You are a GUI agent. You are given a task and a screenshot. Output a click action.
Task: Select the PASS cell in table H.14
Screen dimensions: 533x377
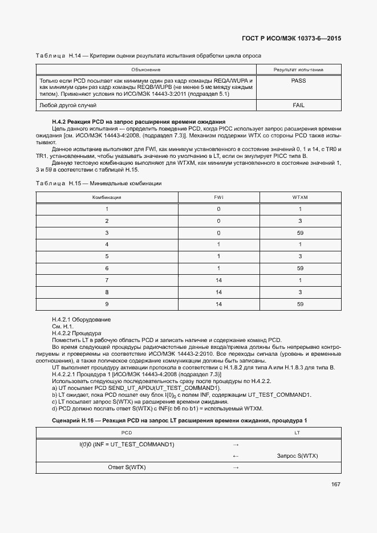click(x=298, y=81)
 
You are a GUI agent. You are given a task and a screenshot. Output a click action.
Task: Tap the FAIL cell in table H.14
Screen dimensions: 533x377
click(x=298, y=105)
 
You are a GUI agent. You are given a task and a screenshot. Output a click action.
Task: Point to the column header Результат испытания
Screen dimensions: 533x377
click(x=298, y=69)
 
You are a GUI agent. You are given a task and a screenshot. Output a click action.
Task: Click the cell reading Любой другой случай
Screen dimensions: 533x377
click(x=67, y=105)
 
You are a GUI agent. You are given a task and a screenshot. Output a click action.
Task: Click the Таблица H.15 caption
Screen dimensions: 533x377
click(x=98, y=183)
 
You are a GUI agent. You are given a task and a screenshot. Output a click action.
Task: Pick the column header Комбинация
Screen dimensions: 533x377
click(x=107, y=197)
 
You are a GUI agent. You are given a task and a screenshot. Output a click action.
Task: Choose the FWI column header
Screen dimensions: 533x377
click(x=218, y=197)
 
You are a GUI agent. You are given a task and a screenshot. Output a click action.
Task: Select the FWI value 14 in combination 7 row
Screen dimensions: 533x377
click(x=218, y=280)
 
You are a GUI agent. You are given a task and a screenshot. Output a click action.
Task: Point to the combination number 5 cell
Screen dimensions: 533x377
click(x=107, y=257)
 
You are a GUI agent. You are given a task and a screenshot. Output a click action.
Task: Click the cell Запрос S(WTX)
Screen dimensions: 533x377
click(x=297, y=455)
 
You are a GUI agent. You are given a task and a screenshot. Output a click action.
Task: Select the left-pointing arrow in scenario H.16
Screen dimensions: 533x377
click(x=236, y=455)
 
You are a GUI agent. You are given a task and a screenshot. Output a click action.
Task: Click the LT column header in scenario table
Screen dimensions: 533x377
click(x=297, y=433)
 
